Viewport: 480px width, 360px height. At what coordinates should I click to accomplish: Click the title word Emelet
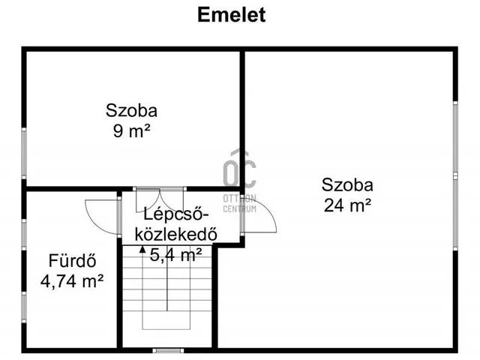[x=231, y=15]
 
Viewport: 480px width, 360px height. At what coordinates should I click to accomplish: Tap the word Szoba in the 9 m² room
[x=131, y=111]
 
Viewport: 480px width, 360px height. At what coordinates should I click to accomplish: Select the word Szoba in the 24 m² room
[x=348, y=184]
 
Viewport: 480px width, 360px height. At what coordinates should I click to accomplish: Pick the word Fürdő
[x=71, y=262]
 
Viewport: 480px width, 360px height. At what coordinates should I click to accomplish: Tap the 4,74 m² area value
[x=71, y=282]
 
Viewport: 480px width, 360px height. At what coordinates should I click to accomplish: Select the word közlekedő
[x=175, y=233]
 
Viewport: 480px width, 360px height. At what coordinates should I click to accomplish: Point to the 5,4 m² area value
[x=175, y=255]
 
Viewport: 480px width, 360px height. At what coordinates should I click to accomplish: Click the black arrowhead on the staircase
[x=142, y=250]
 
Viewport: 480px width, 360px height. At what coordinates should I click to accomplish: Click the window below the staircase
[x=167, y=350]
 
